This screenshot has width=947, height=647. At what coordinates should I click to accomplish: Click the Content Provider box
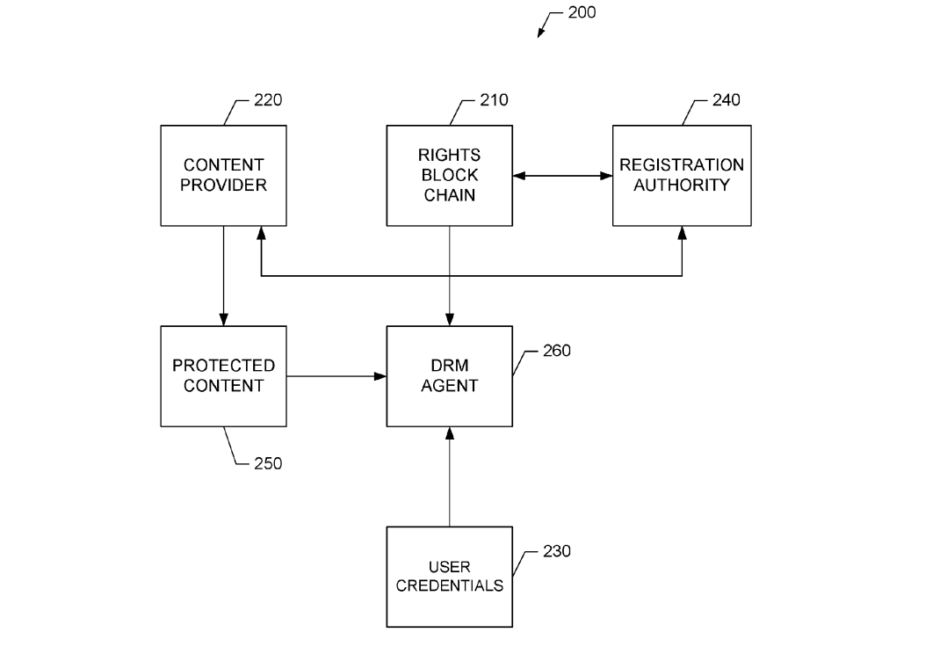click(223, 175)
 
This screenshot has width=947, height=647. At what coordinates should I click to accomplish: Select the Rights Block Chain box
click(450, 175)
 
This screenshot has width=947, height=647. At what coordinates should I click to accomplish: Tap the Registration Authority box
click(682, 175)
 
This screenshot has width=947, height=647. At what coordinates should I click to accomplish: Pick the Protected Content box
click(223, 375)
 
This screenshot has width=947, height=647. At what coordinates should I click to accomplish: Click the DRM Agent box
click(450, 375)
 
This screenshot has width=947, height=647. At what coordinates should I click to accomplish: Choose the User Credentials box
click(450, 577)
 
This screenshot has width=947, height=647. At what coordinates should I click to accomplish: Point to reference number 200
click(582, 13)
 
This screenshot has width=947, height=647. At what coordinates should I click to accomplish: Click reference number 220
click(268, 99)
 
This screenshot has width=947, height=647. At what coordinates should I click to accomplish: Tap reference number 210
click(494, 99)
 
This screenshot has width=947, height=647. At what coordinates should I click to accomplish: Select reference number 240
click(726, 99)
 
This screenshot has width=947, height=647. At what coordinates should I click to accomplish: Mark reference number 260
click(556, 351)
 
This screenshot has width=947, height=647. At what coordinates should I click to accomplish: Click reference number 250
click(268, 463)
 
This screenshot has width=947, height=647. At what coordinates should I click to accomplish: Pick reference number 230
click(556, 551)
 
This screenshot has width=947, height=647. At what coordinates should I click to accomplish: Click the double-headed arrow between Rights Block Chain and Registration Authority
click(562, 176)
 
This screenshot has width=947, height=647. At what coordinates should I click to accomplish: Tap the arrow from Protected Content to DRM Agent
click(337, 376)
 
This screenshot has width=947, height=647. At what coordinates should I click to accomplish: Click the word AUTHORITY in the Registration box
click(682, 185)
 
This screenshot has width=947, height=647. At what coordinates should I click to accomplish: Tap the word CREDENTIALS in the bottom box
click(450, 586)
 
